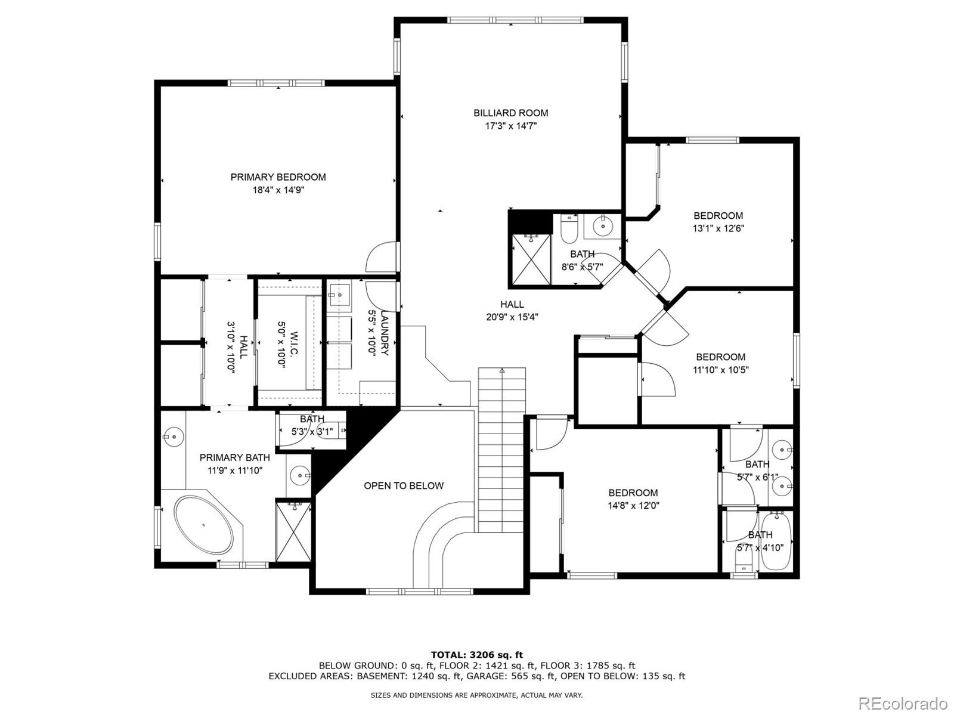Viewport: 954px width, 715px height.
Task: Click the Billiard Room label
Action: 510,113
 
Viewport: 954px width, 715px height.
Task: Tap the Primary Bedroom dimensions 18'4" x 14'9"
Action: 278,190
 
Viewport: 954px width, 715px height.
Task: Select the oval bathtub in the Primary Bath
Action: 203,525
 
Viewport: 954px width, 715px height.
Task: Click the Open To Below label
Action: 404,485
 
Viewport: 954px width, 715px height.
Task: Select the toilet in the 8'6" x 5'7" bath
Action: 569,227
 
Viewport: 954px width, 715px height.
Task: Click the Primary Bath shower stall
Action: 293,531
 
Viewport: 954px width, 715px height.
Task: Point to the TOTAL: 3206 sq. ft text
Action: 476,655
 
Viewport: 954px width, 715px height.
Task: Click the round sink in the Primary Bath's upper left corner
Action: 173,437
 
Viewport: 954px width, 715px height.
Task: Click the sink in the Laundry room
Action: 339,295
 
